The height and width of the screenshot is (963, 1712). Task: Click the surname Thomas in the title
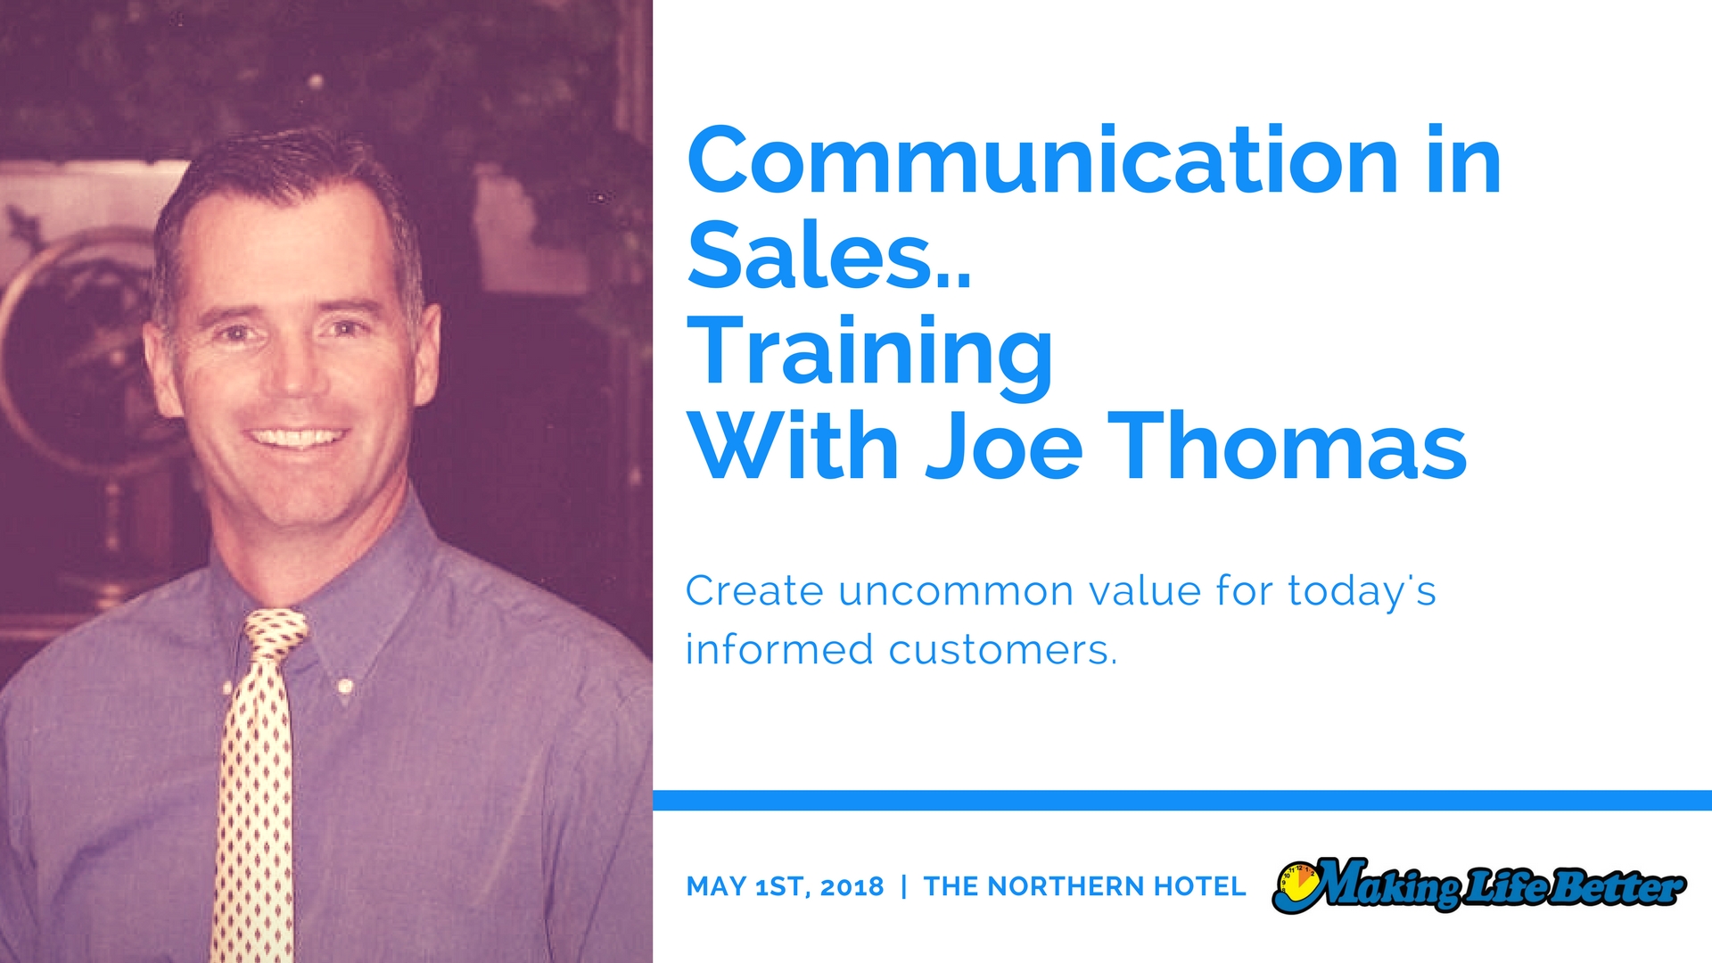(1288, 445)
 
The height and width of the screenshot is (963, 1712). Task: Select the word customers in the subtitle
(1002, 650)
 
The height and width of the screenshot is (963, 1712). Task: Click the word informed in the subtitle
(779, 648)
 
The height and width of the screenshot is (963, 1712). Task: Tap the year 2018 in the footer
(852, 886)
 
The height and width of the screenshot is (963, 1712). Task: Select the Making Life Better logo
(1479, 885)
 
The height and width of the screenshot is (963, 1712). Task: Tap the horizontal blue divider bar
(1182, 800)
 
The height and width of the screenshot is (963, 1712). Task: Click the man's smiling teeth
(297, 438)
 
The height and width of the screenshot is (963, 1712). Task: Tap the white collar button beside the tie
(346, 687)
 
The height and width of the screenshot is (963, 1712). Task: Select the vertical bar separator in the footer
(904, 886)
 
